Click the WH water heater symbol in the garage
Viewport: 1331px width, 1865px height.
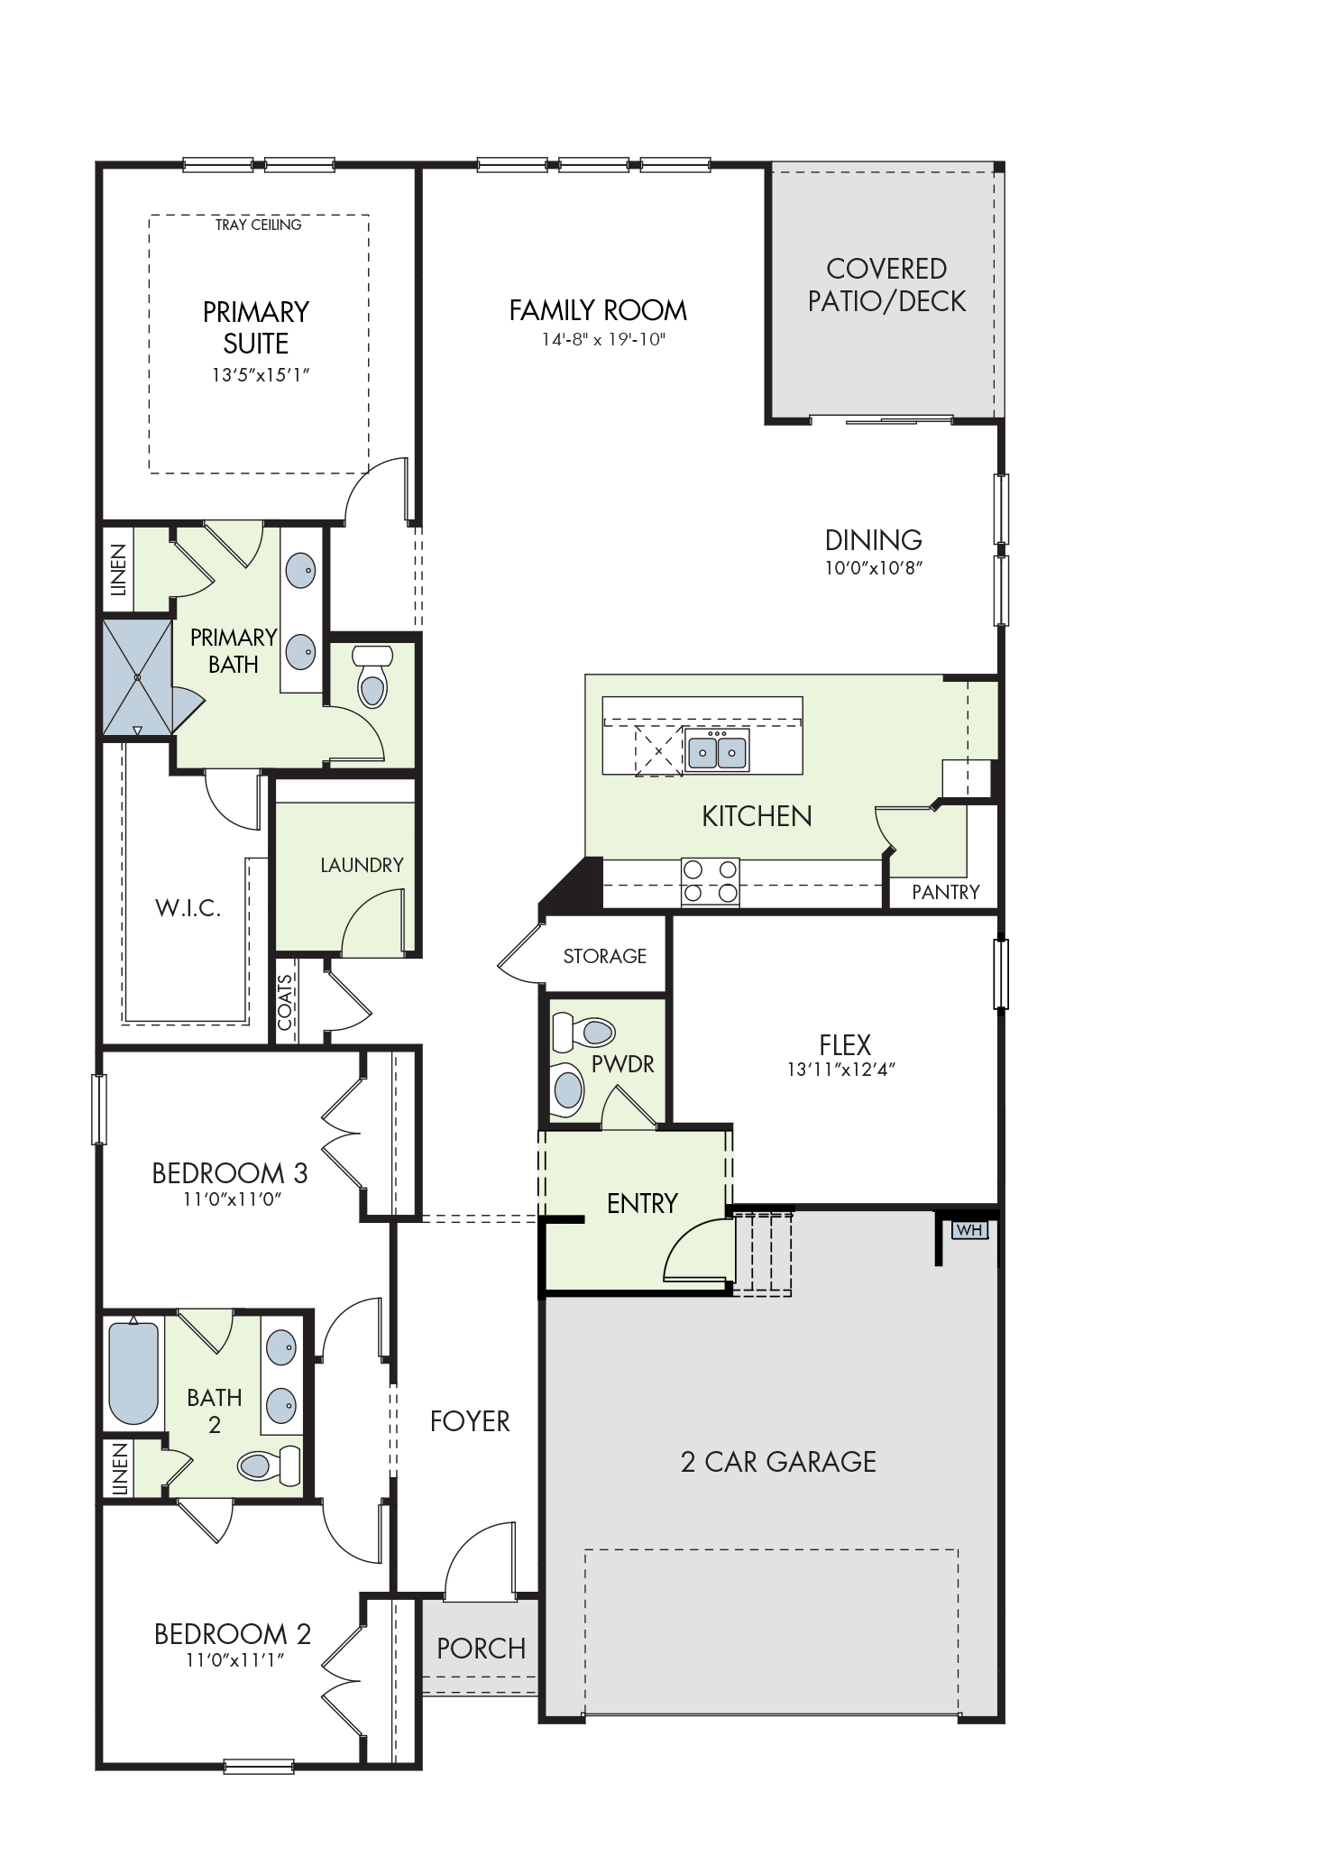969,1230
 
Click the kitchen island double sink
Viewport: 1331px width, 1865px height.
717,749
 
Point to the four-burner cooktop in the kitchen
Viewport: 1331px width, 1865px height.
710,881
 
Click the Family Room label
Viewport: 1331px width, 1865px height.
598,311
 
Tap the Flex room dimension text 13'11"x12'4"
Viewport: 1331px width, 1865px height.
840,1070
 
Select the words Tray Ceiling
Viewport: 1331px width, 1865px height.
258,225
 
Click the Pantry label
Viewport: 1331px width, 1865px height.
945,892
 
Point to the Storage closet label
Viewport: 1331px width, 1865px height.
605,956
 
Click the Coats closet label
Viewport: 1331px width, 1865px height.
285,1003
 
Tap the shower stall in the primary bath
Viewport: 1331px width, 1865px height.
138,676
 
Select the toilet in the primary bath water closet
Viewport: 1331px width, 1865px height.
371,675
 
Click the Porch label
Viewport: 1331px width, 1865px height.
481,1649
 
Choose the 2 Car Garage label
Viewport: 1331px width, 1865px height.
778,1462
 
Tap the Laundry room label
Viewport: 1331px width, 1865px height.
362,866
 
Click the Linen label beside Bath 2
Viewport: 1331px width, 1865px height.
119,1469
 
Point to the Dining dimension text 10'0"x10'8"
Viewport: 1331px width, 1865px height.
874,568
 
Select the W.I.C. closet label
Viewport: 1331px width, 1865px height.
188,908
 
